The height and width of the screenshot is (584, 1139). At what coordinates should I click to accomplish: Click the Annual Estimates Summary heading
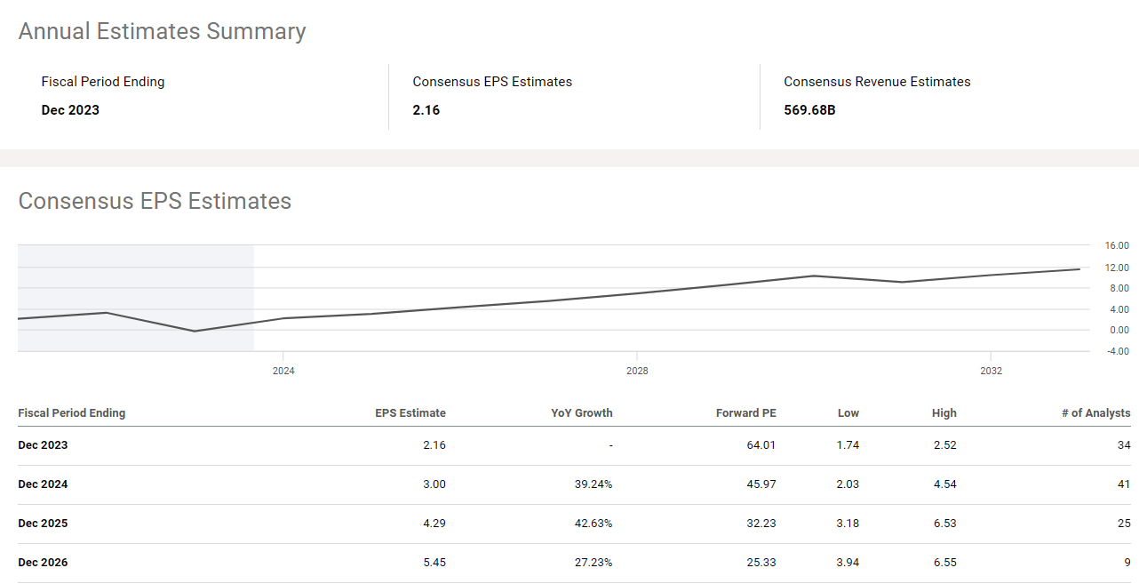pos(162,31)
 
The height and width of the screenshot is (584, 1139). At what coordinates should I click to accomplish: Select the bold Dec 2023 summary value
pos(70,110)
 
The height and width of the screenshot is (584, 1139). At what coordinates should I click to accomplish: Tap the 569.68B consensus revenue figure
pos(809,110)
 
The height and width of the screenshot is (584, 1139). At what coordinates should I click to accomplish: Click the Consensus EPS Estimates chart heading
pos(155,201)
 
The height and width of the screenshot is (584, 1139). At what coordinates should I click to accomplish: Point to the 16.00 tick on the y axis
pos(1117,245)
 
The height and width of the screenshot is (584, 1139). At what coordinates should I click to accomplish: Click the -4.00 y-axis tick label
pos(1116,351)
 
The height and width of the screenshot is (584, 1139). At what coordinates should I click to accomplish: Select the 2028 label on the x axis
pos(637,371)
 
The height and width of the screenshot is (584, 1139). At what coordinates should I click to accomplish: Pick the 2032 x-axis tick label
pos(991,371)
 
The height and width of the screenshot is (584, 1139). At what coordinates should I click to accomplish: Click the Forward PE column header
pos(745,413)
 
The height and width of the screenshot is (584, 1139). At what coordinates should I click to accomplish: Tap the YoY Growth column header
pos(581,413)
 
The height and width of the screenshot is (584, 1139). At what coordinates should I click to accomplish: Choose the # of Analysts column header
pos(1095,413)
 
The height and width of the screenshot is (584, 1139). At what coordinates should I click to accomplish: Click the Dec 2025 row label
pos(43,524)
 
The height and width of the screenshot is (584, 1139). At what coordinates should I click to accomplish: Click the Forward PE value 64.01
pos(761,445)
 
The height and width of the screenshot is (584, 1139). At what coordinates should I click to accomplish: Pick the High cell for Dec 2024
pos(945,484)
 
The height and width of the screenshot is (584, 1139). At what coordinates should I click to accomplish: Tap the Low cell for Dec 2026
pos(848,563)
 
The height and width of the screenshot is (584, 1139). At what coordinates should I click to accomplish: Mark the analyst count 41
pos(1124,484)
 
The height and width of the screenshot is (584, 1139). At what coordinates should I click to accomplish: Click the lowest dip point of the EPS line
pos(195,331)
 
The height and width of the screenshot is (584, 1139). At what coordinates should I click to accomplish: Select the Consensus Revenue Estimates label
pos(877,82)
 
